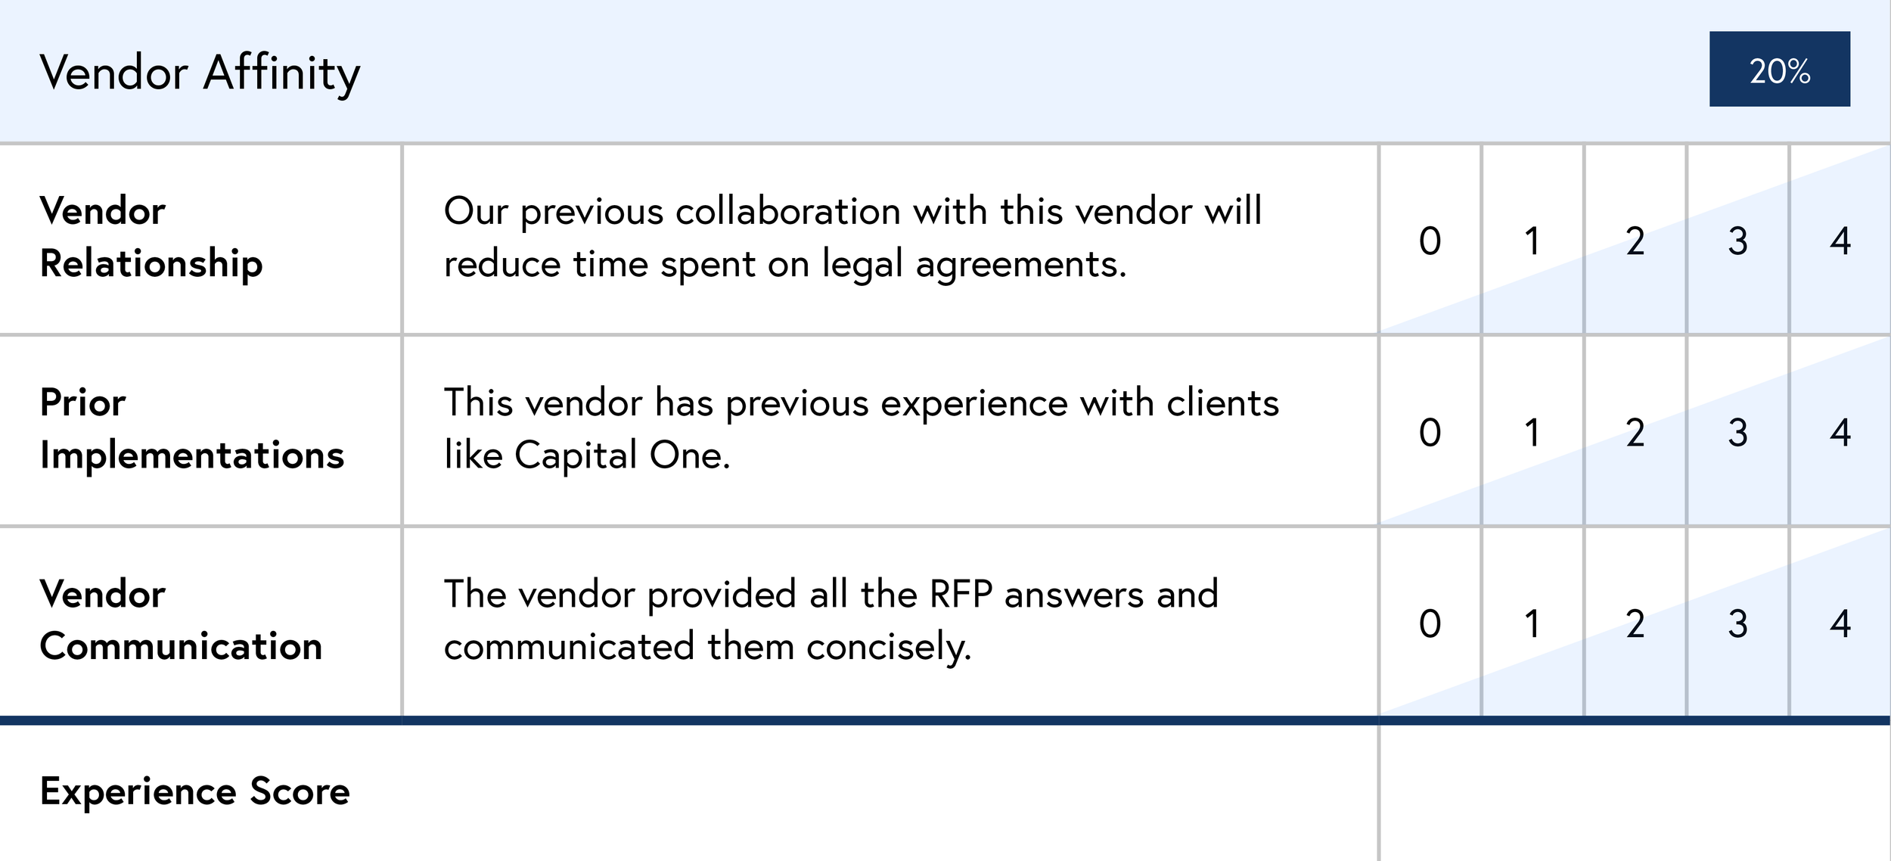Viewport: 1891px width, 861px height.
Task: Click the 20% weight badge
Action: point(1779,70)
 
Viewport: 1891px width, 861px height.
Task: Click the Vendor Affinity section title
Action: point(200,73)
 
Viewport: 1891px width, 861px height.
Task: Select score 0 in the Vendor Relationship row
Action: point(1430,241)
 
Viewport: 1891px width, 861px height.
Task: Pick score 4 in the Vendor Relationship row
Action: point(1840,241)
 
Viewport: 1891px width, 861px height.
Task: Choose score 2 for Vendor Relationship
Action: point(1635,241)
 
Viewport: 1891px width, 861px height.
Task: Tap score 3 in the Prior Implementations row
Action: point(1737,432)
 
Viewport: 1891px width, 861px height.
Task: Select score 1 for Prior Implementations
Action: point(1532,432)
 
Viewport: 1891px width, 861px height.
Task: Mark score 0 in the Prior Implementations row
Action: point(1430,432)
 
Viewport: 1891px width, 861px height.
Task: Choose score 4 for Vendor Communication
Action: point(1840,623)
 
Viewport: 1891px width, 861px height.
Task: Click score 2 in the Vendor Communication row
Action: point(1635,623)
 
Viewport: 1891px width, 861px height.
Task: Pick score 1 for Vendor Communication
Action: point(1532,623)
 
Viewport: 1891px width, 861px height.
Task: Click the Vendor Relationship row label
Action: point(151,237)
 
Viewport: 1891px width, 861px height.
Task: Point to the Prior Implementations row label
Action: point(191,428)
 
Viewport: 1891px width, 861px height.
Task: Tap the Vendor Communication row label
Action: point(181,620)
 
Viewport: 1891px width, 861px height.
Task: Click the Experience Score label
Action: point(194,791)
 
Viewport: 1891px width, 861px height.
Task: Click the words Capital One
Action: point(622,455)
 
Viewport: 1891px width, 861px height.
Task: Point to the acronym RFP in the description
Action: point(960,594)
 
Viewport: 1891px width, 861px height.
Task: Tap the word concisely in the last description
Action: point(889,648)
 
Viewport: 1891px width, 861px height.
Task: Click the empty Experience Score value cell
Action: point(1634,792)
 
